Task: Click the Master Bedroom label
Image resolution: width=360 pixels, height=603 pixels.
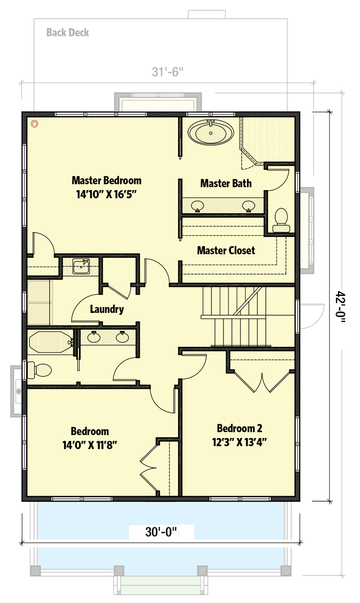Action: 107,180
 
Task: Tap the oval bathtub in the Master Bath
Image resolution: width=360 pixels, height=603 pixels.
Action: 211,133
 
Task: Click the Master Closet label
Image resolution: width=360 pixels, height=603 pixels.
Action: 226,251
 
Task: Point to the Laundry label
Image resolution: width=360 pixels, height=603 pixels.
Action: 107,309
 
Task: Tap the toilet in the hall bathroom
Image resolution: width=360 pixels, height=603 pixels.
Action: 39,370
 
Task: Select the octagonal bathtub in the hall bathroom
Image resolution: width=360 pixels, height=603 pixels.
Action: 50,343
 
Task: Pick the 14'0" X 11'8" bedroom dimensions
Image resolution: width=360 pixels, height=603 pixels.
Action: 89,445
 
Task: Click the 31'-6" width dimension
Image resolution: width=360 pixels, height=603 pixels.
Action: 167,72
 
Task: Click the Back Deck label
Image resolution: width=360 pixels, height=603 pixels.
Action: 67,33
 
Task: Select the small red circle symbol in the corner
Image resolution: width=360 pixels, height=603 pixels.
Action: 35,124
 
